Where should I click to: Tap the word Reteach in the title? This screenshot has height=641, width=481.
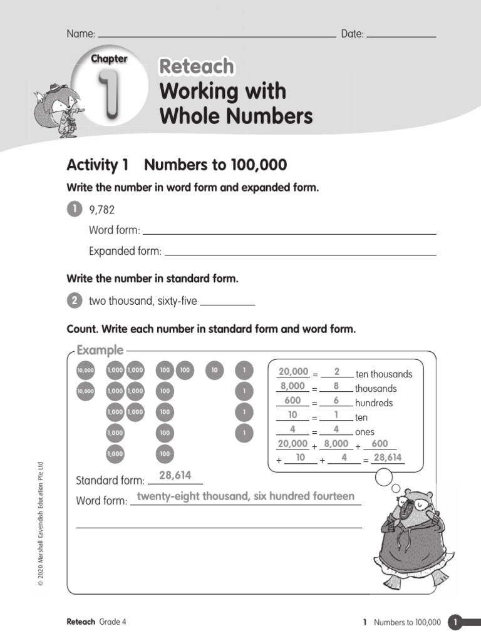tap(196, 66)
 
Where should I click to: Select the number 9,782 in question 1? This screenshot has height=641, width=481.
tap(101, 210)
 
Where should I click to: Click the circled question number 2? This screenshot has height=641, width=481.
tap(74, 301)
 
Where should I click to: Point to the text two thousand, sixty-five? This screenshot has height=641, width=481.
tap(143, 301)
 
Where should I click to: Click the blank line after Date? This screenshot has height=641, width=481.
tap(401, 34)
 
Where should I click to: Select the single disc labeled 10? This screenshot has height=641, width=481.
tap(214, 371)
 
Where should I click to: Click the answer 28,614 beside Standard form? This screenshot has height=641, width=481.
tap(175, 476)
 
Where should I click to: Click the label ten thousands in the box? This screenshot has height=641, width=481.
tap(384, 374)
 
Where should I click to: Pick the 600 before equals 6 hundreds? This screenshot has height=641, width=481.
tap(292, 401)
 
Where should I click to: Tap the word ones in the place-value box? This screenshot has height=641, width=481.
tap(364, 432)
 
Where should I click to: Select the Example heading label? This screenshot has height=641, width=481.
tap(100, 351)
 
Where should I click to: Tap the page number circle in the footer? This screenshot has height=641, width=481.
tap(455, 622)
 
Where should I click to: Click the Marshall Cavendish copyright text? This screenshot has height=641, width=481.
tap(41, 523)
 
